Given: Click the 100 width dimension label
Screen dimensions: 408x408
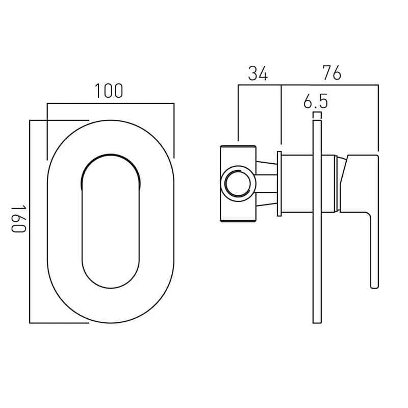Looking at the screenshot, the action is [x=109, y=91].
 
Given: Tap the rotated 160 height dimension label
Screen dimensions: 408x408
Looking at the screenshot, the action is [x=19, y=219].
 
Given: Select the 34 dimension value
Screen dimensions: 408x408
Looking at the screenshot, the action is [x=258, y=73].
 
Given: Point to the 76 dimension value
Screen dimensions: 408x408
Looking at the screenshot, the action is [x=332, y=72].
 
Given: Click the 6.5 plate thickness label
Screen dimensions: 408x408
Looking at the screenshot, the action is [x=316, y=101].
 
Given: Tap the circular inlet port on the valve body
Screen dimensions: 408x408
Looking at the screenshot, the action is [x=238, y=184].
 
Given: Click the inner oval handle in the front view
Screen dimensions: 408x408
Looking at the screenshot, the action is [x=111, y=221].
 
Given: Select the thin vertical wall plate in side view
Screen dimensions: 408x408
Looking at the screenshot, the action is [x=317, y=222].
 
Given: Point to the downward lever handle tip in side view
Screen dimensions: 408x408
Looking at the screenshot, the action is [x=374, y=286].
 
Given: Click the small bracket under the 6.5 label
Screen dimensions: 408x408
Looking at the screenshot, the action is [x=317, y=115].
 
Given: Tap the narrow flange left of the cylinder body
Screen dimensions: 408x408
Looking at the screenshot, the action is [x=279, y=184].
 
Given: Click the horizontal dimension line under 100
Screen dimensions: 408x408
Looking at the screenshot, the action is [x=111, y=104].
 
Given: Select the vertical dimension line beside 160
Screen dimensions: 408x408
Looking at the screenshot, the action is [x=30, y=222].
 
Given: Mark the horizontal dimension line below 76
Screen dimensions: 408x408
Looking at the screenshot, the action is [x=329, y=85].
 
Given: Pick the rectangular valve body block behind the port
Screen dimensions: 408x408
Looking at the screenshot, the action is [x=238, y=184].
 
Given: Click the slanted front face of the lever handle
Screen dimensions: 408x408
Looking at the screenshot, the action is [x=343, y=171].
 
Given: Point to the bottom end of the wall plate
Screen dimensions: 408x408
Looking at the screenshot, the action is [x=317, y=323].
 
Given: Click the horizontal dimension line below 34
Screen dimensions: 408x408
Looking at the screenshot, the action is [x=260, y=85].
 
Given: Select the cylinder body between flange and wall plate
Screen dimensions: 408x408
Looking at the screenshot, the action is [x=297, y=184].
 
